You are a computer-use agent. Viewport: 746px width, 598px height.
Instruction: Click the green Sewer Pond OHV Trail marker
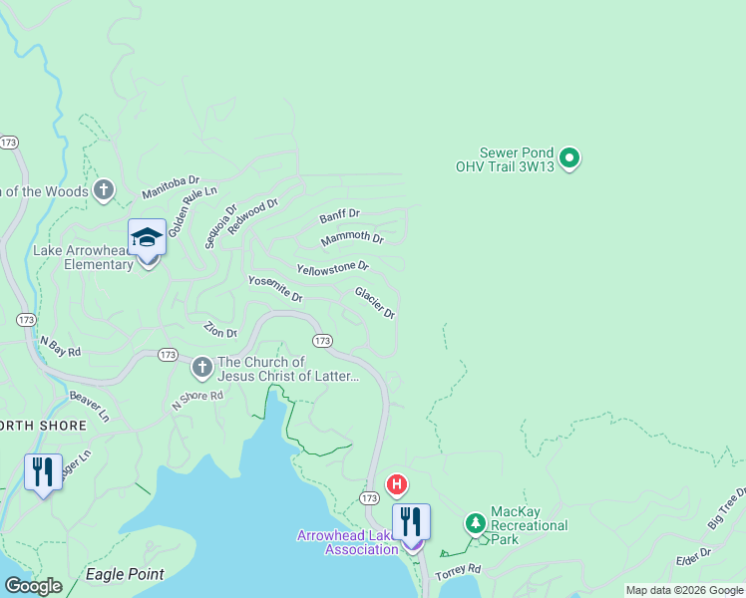click(x=569, y=157)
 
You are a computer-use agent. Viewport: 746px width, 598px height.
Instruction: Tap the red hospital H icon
click(x=397, y=485)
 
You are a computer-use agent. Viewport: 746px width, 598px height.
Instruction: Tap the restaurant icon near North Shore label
click(x=42, y=471)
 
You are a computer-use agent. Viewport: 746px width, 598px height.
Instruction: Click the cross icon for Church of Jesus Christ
click(x=201, y=369)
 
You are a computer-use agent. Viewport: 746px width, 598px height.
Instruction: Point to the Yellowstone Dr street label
click(x=332, y=268)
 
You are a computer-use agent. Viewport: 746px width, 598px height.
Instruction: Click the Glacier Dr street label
click(x=375, y=302)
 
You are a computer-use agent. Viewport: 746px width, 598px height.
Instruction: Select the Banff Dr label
click(x=339, y=216)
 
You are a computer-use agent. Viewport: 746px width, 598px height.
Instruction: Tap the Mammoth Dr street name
click(x=352, y=239)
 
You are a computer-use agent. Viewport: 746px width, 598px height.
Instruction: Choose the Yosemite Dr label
click(x=274, y=289)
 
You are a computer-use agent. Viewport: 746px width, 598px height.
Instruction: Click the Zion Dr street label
click(x=220, y=330)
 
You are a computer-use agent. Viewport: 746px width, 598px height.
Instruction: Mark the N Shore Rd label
click(x=197, y=400)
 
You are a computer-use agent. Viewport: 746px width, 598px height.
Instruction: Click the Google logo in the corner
click(x=33, y=586)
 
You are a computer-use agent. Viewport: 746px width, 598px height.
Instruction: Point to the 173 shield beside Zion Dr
click(x=168, y=355)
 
